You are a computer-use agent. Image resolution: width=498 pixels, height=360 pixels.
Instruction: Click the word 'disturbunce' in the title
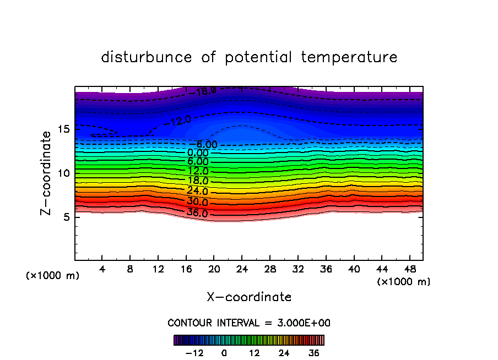pos(147,57)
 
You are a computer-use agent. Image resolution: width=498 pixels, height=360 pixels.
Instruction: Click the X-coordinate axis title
pos(249,297)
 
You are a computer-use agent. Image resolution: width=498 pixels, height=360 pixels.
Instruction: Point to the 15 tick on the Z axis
pos(63,129)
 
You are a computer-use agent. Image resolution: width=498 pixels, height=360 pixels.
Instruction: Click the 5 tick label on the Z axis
pos(66,217)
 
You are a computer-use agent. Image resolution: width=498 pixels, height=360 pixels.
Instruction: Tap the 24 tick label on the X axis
pos(242,270)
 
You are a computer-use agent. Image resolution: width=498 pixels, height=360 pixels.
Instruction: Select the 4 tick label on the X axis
pos(102,270)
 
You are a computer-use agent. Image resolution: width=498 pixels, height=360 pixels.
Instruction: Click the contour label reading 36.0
pos(197,213)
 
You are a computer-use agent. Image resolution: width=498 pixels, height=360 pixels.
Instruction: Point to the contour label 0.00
pos(198,153)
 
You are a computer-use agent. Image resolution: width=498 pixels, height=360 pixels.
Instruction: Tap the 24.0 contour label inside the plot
pos(197,192)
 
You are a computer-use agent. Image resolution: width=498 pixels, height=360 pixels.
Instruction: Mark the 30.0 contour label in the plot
pos(197,202)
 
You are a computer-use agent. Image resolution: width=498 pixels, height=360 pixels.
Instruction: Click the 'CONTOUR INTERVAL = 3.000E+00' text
pos(249,323)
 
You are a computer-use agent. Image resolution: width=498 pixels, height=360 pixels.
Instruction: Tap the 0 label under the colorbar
pos(224,353)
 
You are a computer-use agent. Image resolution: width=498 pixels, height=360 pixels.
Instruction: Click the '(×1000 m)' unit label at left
pos(53,276)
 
